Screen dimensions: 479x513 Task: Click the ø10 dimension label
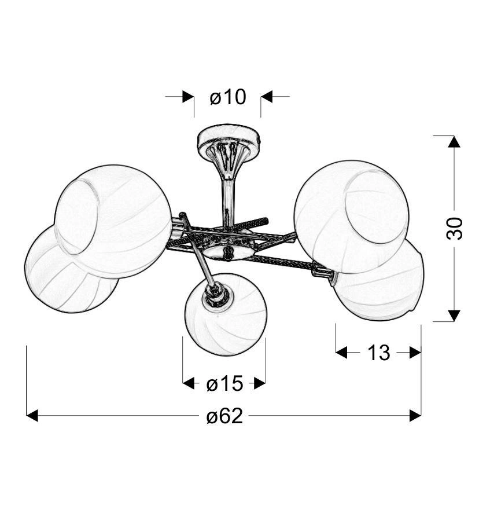point(227,97)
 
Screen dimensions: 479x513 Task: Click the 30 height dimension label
point(455,228)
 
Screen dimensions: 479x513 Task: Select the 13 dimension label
point(378,353)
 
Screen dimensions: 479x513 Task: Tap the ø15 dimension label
point(225,383)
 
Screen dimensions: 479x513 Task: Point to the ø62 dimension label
point(225,416)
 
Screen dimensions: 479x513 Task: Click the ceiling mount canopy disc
point(229,137)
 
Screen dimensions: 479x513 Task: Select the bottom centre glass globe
point(226,314)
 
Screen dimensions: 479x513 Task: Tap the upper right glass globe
point(352,217)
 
